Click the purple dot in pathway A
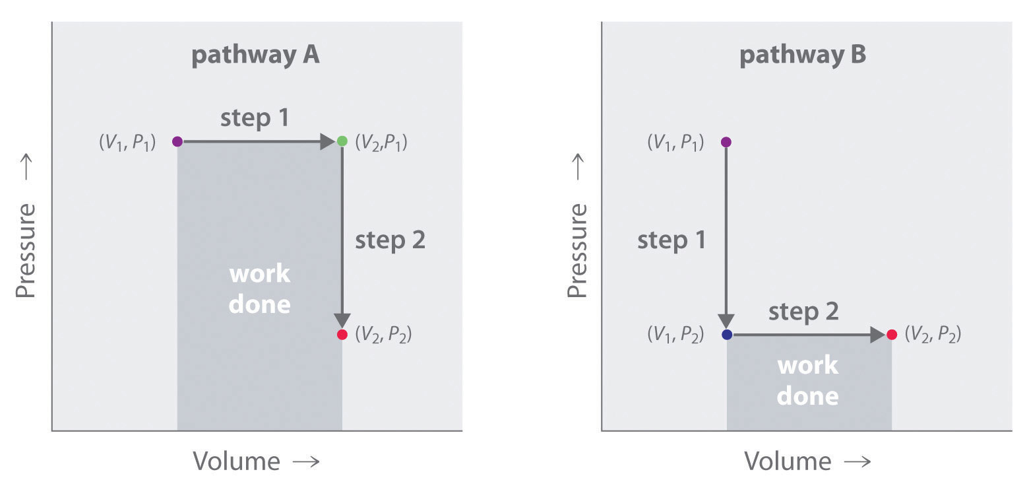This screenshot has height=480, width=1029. [177, 141]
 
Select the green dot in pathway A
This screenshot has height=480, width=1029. [342, 141]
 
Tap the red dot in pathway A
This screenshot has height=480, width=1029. [342, 335]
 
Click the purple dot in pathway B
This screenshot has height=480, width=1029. [726, 142]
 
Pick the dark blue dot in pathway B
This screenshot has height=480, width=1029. [727, 335]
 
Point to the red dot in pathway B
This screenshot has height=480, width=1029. [892, 335]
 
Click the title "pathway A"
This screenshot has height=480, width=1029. [255, 55]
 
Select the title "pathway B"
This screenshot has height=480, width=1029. [803, 55]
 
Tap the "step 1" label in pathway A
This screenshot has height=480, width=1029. [255, 118]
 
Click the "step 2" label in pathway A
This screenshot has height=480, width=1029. [390, 240]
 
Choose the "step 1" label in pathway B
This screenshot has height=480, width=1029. [671, 240]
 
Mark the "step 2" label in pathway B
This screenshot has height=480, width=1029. [803, 312]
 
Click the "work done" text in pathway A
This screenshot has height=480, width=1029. [259, 289]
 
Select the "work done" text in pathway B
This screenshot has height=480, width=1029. [808, 380]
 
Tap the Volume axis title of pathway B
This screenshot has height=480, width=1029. [807, 460]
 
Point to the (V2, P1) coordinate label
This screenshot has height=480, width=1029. [381, 142]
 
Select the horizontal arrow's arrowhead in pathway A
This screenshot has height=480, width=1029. [328, 141]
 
